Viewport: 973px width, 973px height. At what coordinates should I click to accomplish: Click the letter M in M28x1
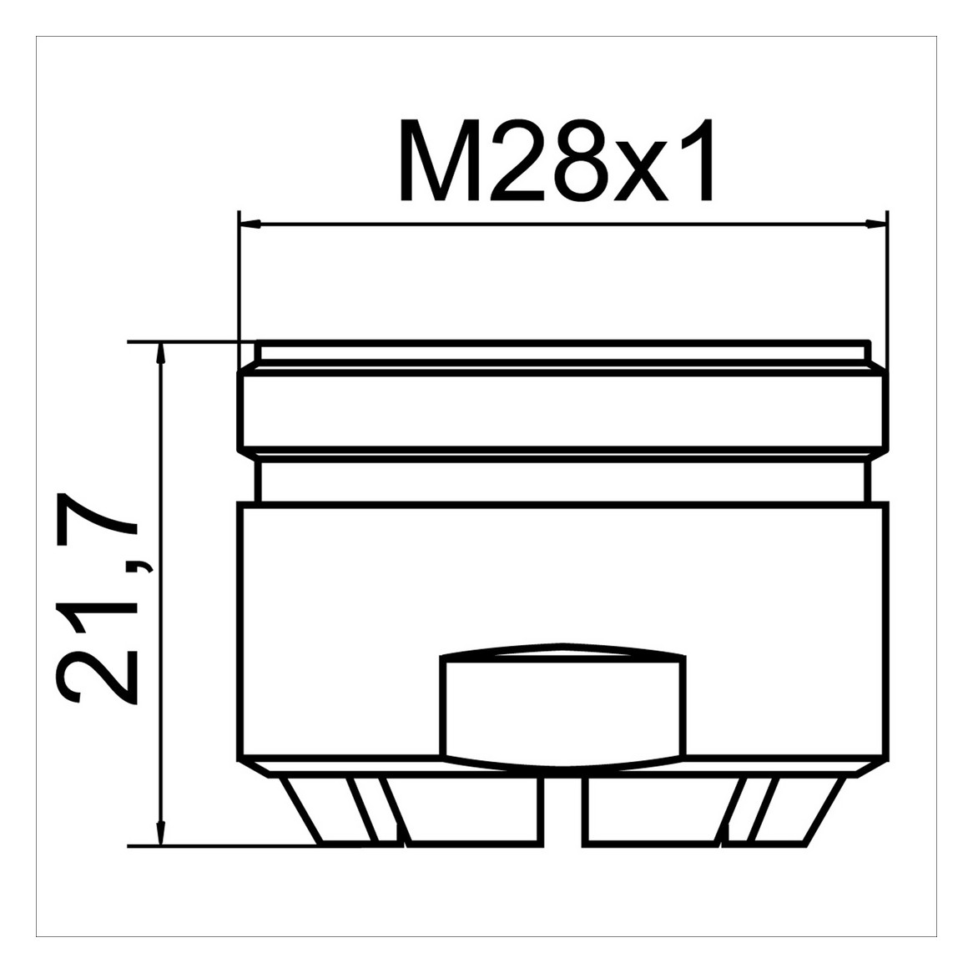tap(437, 160)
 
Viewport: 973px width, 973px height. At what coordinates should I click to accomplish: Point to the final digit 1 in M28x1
tap(698, 160)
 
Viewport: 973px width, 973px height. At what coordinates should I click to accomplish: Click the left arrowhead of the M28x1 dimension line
tap(250, 224)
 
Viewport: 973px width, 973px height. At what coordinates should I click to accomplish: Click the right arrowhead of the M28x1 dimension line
tap(876, 224)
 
